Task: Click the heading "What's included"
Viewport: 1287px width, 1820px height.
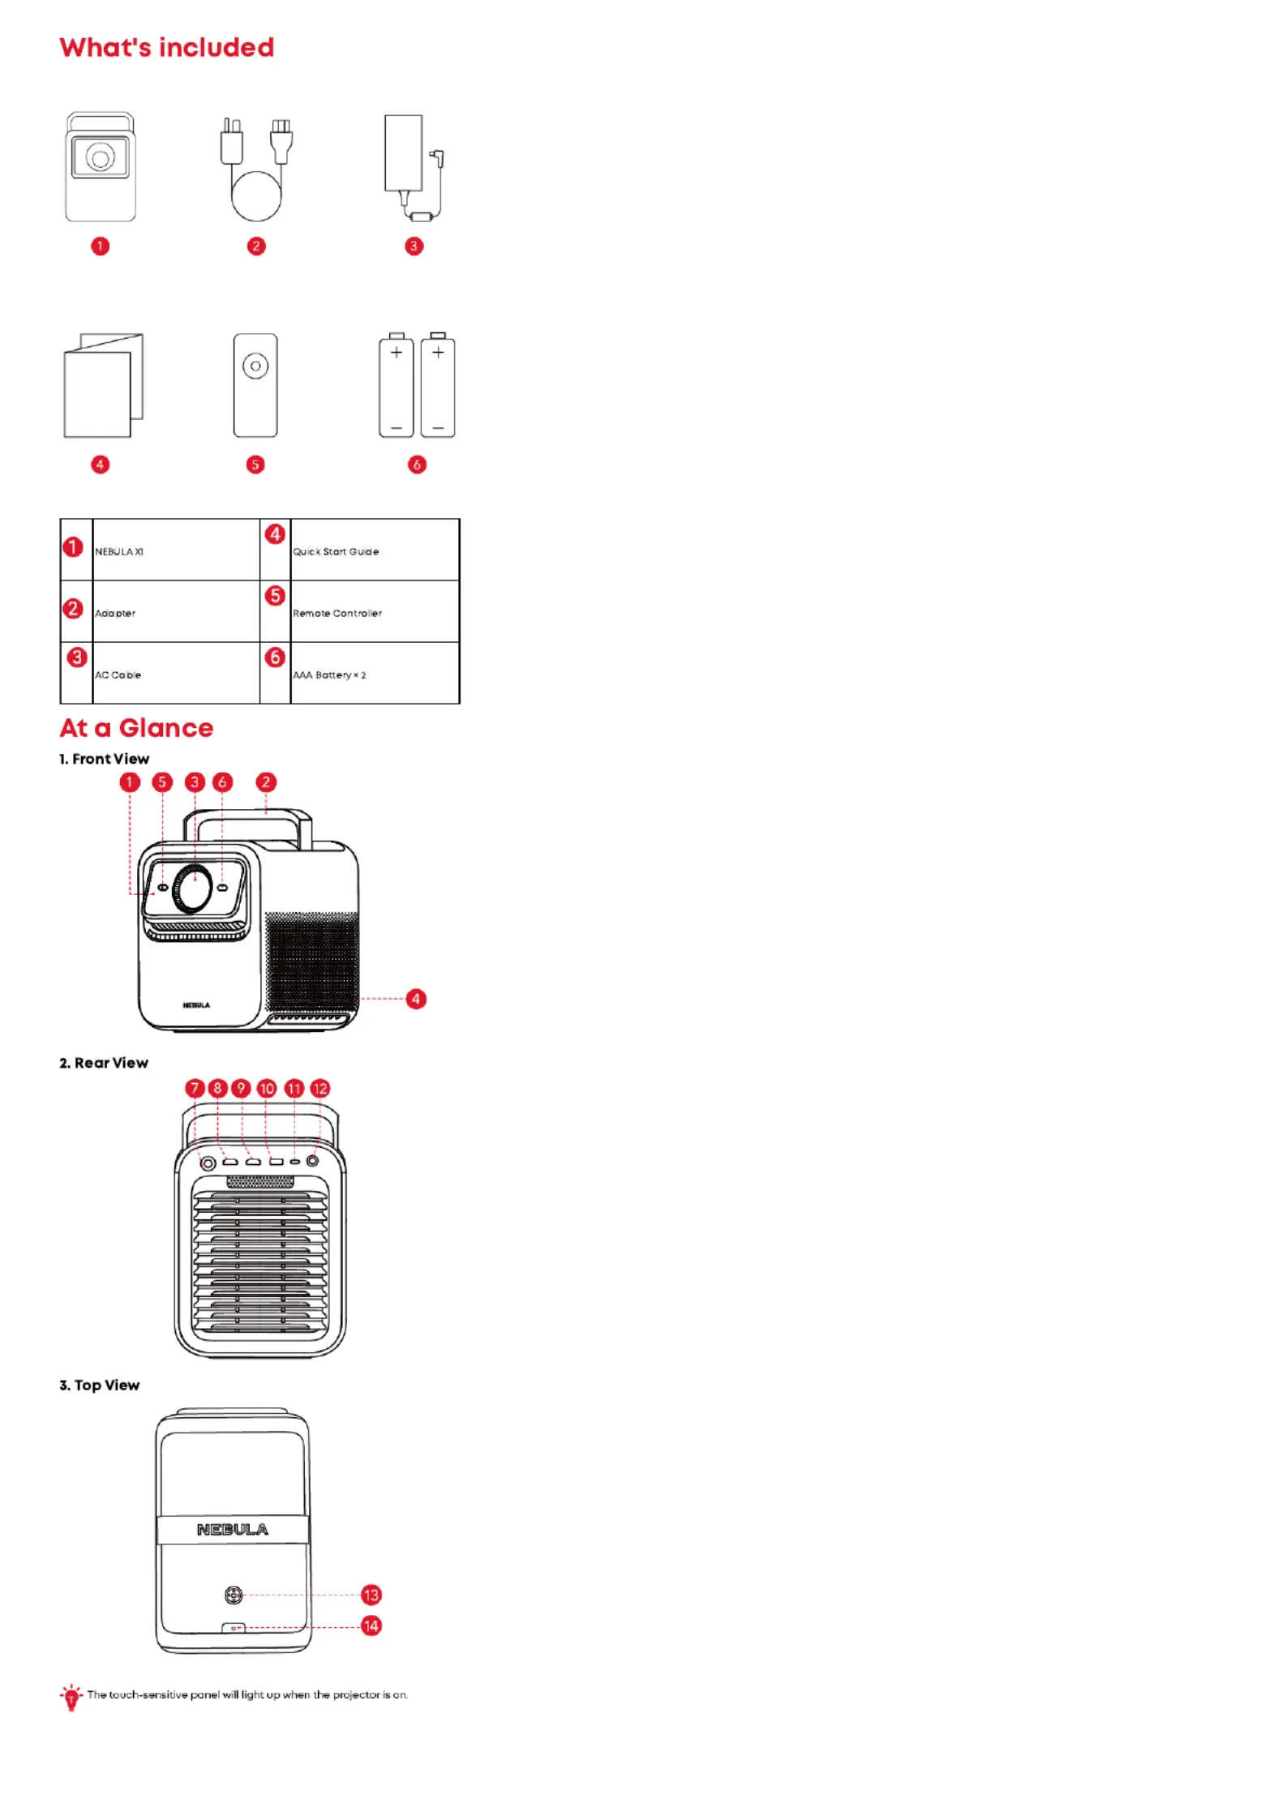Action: [167, 48]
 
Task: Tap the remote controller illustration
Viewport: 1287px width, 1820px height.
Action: [255, 385]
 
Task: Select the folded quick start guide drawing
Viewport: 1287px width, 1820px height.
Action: [103, 385]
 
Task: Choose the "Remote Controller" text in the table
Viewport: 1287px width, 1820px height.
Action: [337, 613]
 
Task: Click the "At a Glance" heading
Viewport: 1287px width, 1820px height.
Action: [136, 728]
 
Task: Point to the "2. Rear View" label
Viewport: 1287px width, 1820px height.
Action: [104, 1063]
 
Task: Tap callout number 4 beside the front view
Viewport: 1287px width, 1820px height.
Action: [416, 999]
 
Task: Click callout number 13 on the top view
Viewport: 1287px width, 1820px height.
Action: [371, 1595]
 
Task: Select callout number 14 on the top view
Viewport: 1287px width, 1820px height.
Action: [371, 1625]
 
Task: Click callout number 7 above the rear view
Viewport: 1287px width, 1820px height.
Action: [195, 1088]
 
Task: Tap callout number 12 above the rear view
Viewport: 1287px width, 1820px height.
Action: [320, 1088]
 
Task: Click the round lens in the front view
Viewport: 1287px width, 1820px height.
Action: [195, 888]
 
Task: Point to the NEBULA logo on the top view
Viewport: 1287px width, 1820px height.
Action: [233, 1529]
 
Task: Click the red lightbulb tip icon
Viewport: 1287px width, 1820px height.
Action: [71, 1696]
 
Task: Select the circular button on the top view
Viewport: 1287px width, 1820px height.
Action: [234, 1595]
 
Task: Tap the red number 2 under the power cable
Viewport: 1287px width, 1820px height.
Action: [256, 246]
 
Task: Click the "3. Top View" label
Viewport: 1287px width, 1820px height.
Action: [100, 1385]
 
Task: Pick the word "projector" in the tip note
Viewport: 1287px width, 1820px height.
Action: [357, 1695]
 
